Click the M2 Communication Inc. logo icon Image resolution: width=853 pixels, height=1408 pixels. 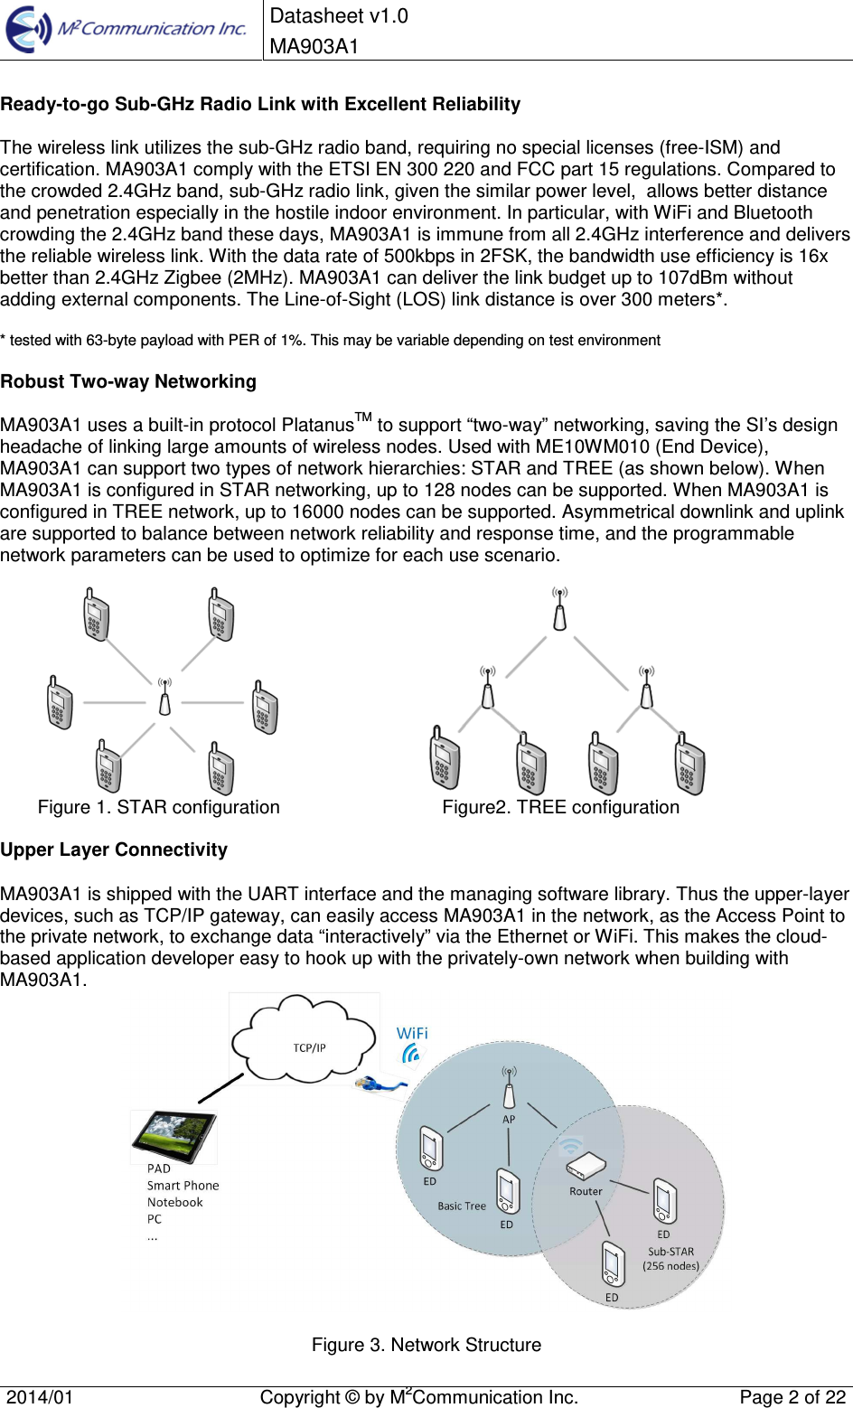pyautogui.click(x=28, y=29)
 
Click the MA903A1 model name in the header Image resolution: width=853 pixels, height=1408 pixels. pyautogui.click(x=314, y=46)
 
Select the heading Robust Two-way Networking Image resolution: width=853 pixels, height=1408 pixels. pyautogui.click(x=128, y=381)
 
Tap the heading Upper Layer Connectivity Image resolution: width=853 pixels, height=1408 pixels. pyautogui.click(x=114, y=849)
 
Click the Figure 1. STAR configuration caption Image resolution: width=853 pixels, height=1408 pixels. pyautogui.click(x=158, y=807)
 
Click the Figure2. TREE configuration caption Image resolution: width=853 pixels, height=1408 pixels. pyautogui.click(x=560, y=807)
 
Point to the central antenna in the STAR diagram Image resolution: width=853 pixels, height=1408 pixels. pyautogui.click(x=164, y=697)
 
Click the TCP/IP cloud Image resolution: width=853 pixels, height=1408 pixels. pyautogui.click(x=305, y=1041)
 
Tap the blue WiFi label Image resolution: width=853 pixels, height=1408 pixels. pyautogui.click(x=412, y=1033)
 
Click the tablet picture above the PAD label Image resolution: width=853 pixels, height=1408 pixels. pyautogui.click(x=173, y=1135)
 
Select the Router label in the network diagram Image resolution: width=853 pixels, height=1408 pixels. pyautogui.click(x=586, y=1191)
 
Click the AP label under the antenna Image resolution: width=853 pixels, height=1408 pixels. pyautogui.click(x=509, y=1119)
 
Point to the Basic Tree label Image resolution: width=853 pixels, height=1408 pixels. pyautogui.click(x=462, y=1206)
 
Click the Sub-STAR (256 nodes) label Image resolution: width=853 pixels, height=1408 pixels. pyautogui.click(x=670, y=1259)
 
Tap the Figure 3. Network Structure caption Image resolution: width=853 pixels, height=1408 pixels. pyautogui.click(x=426, y=1345)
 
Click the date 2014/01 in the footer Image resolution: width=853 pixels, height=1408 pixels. pyautogui.click(x=40, y=1397)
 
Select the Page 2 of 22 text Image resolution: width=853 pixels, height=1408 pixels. pyautogui.click(x=792, y=1397)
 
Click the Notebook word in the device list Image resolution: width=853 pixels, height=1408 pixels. pyautogui.click(x=175, y=1202)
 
